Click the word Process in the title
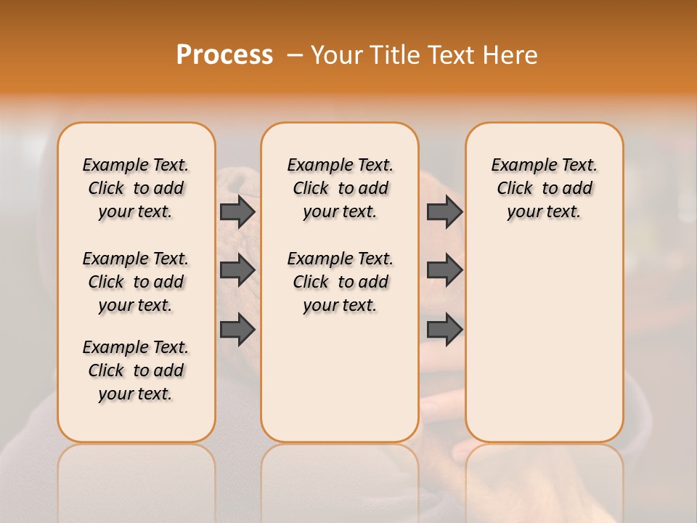(x=224, y=54)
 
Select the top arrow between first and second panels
(x=237, y=211)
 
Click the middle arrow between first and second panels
(x=237, y=270)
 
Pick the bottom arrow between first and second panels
(x=237, y=330)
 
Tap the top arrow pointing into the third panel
(x=444, y=211)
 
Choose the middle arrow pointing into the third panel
(x=444, y=270)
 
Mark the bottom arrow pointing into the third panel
(x=444, y=330)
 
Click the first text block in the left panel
(x=136, y=188)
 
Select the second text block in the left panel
(x=136, y=282)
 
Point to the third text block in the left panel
(x=136, y=370)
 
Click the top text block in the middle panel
(x=341, y=188)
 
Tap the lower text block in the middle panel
(x=341, y=282)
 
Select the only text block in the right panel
(x=545, y=188)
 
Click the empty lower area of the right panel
(x=545, y=334)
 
